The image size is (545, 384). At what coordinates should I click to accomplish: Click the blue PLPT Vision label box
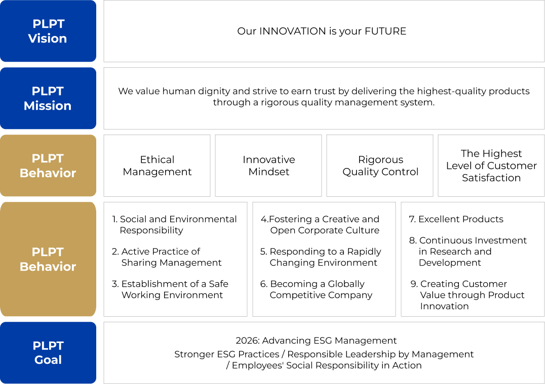48,31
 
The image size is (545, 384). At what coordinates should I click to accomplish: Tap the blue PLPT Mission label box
48,98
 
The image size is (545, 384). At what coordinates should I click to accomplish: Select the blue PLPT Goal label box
48,353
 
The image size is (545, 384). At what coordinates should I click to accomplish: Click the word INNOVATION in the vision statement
293,31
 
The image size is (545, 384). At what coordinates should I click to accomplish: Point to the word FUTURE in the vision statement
385,31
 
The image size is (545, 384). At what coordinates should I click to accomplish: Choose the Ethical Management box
157,165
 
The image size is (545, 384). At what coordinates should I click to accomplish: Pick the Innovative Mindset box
268,165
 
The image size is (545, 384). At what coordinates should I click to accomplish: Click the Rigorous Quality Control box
380,165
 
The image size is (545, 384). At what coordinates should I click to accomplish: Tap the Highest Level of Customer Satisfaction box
491,165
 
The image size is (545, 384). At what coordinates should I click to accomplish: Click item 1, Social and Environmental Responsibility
174,225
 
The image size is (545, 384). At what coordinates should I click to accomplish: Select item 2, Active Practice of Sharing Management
167,257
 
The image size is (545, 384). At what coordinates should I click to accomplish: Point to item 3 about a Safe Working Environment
170,289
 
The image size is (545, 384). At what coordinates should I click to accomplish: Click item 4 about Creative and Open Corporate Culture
320,225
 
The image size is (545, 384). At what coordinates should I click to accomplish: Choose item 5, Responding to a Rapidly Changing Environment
321,257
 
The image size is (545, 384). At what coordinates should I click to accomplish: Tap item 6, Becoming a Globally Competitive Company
316,289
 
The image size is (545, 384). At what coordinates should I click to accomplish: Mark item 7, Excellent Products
456,219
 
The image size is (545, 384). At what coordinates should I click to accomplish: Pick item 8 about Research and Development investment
468,251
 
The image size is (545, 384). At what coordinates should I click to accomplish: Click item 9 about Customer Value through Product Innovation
468,295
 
